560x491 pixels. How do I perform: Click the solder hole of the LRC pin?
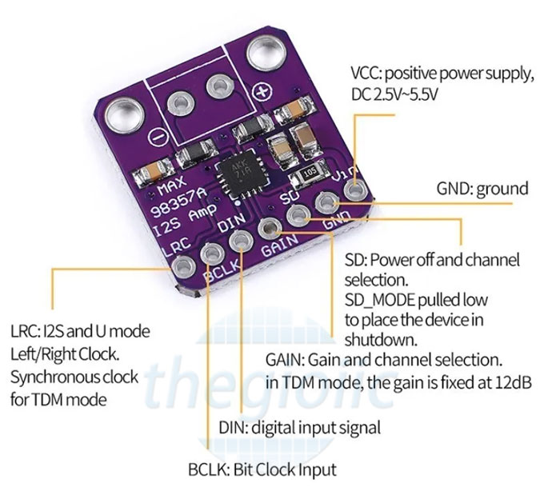pos(183,267)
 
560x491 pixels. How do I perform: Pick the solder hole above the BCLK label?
pos(213,253)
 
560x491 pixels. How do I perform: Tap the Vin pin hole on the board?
pos(355,190)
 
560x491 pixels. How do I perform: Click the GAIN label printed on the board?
pos(279,245)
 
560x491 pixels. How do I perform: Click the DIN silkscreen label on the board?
pos(231,223)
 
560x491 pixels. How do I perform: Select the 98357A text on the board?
pos(179,202)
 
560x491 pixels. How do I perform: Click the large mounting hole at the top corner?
pos(266,54)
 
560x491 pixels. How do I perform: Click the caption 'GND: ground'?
pos(482,189)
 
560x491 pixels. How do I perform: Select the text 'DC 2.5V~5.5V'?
pos(394,95)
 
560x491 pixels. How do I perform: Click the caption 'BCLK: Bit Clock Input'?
pos(262,469)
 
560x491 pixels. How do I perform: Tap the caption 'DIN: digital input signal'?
pos(300,427)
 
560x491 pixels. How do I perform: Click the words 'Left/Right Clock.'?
pos(65,354)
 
